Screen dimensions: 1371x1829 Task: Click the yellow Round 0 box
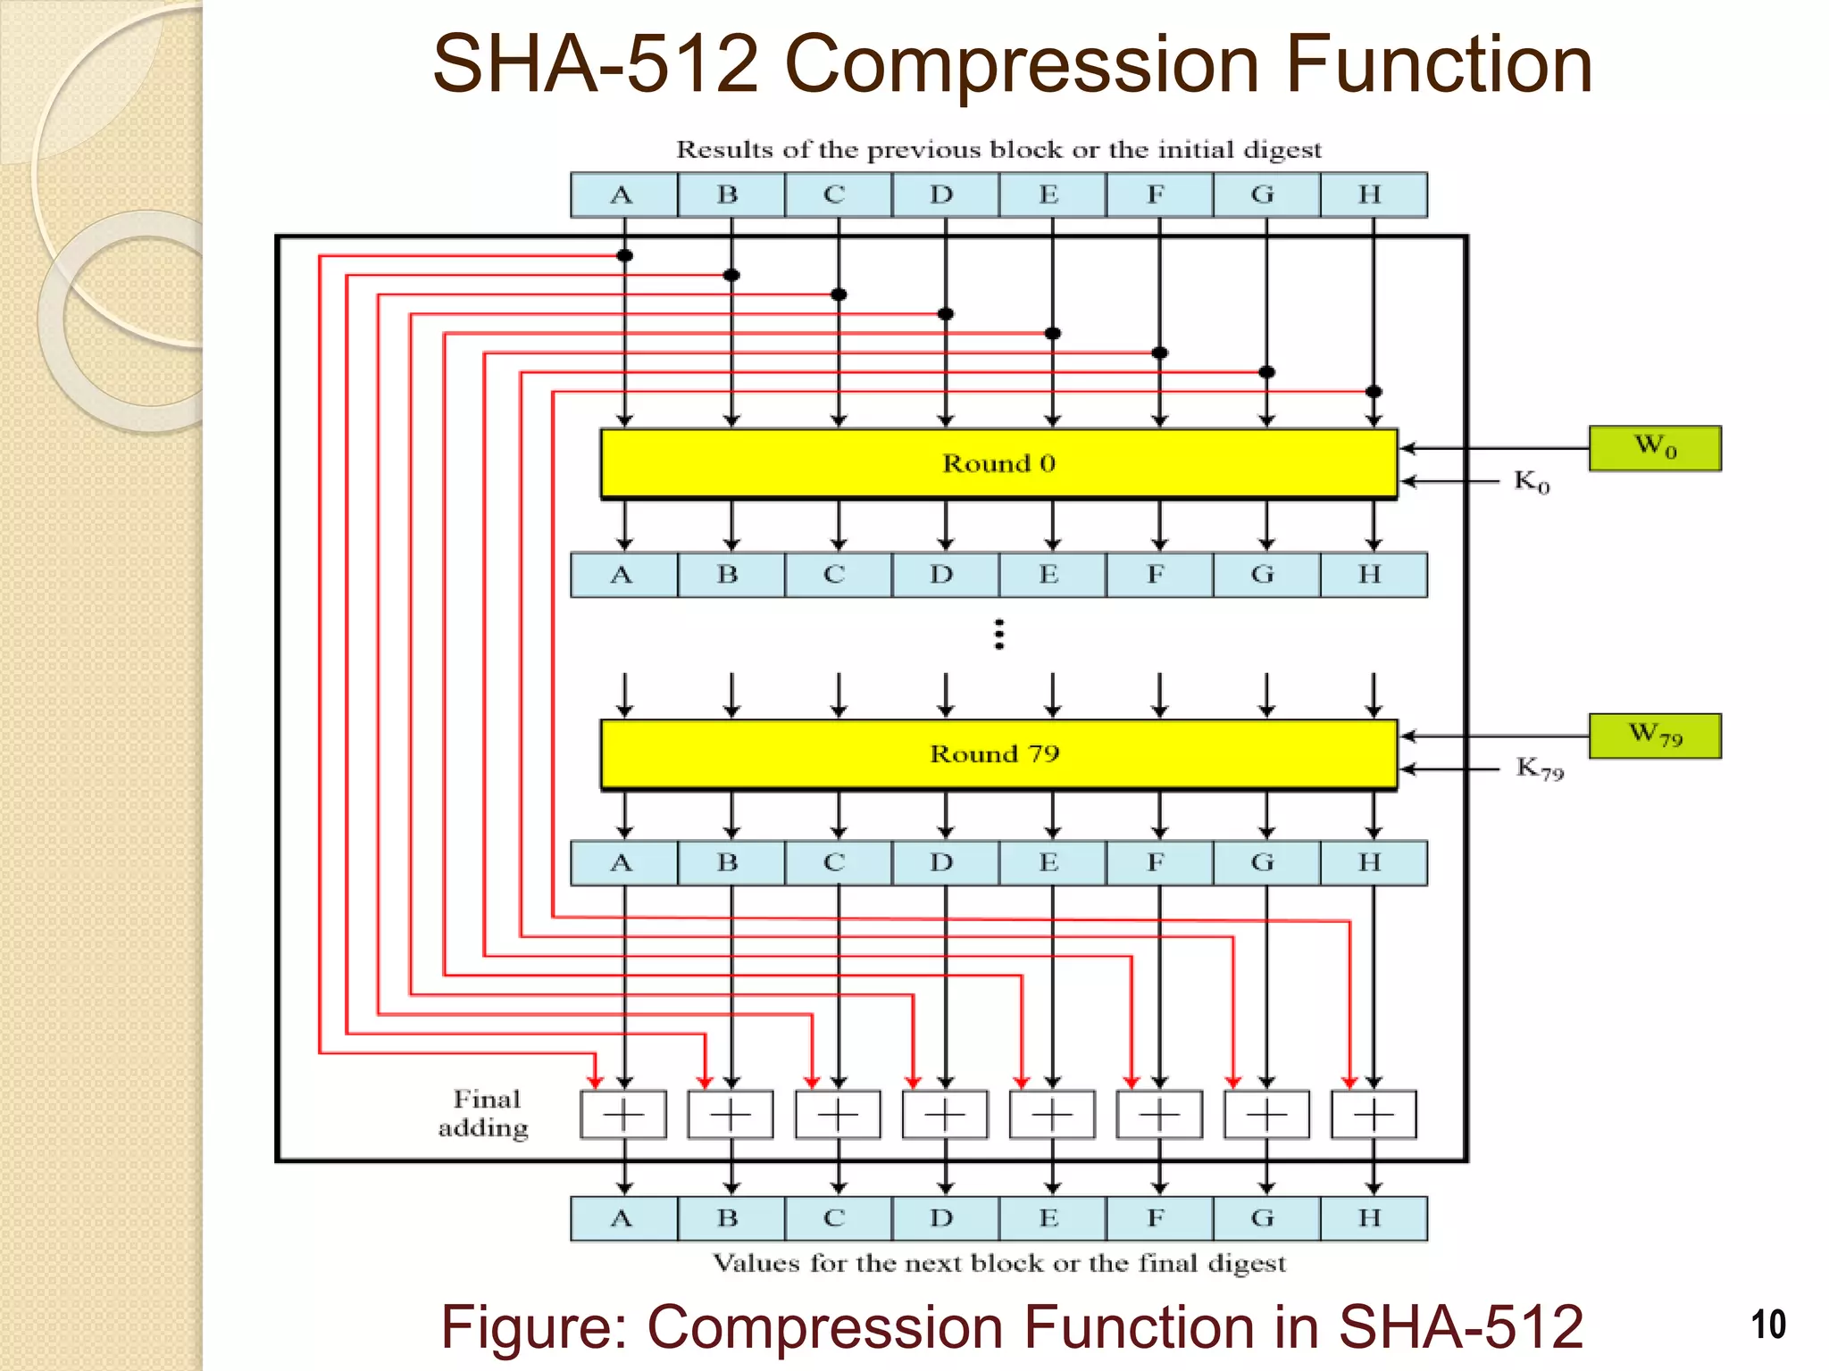998,463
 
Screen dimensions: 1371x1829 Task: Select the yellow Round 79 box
998,754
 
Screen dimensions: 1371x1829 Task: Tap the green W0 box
1655,447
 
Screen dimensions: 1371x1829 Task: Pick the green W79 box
1655,735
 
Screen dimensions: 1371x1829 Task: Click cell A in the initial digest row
623,195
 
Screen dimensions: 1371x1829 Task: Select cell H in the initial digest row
1373,195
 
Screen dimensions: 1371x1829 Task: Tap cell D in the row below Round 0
944,575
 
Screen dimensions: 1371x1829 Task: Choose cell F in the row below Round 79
1158,862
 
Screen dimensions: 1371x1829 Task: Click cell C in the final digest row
837,1218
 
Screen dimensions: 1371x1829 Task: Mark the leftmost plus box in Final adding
623,1115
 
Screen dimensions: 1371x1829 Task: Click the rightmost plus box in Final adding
1374,1115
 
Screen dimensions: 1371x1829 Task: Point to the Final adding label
484,1114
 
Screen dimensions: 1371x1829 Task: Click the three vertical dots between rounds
999,635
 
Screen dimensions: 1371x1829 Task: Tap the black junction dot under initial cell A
625,256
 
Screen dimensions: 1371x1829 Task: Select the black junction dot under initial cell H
1374,392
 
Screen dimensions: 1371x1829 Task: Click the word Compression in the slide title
1022,64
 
